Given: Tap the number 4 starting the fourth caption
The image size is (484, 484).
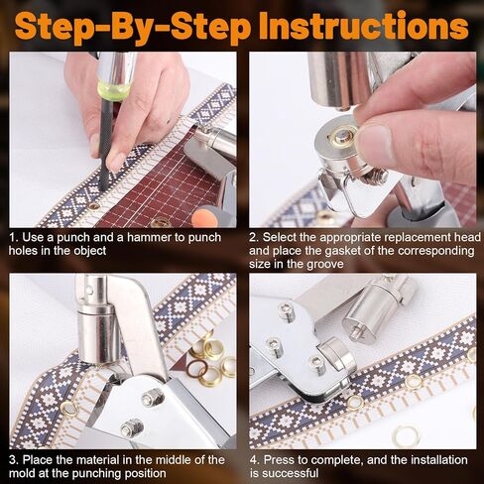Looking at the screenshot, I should tap(254, 460).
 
